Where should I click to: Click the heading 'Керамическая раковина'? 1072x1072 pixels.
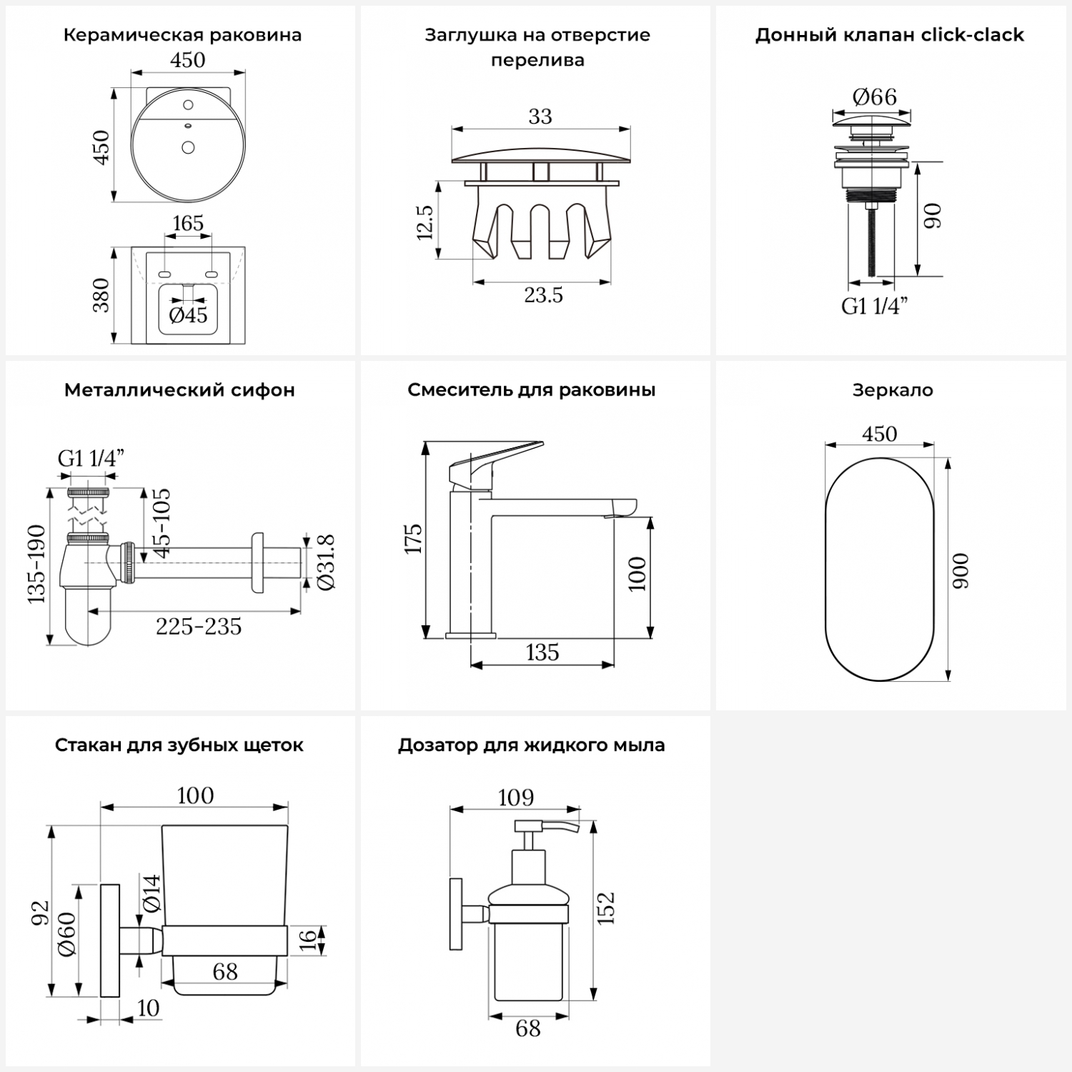coord(182,35)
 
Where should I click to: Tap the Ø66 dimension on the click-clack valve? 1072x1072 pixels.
coord(874,96)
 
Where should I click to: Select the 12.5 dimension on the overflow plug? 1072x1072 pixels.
coord(425,222)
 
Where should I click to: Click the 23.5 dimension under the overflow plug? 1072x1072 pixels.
coord(543,294)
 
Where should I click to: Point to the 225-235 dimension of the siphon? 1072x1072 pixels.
coord(199,626)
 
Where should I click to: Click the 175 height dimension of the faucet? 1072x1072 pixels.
coord(414,539)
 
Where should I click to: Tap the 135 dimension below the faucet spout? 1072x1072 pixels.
coord(542,652)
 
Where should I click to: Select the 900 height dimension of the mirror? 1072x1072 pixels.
coord(962,570)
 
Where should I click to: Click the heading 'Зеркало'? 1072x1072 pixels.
coord(893,390)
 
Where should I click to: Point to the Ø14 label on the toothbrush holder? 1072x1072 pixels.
coord(152,893)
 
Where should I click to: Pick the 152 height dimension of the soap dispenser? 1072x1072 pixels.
coord(606,908)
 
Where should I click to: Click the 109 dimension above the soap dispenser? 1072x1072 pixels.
coord(515,797)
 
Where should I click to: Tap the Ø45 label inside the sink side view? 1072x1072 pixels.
coord(188,314)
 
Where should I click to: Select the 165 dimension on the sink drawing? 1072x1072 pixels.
coord(188,223)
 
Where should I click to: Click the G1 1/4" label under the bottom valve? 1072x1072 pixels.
coord(874,306)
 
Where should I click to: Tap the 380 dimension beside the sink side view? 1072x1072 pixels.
coord(101,294)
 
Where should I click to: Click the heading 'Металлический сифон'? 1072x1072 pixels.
coord(179,390)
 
